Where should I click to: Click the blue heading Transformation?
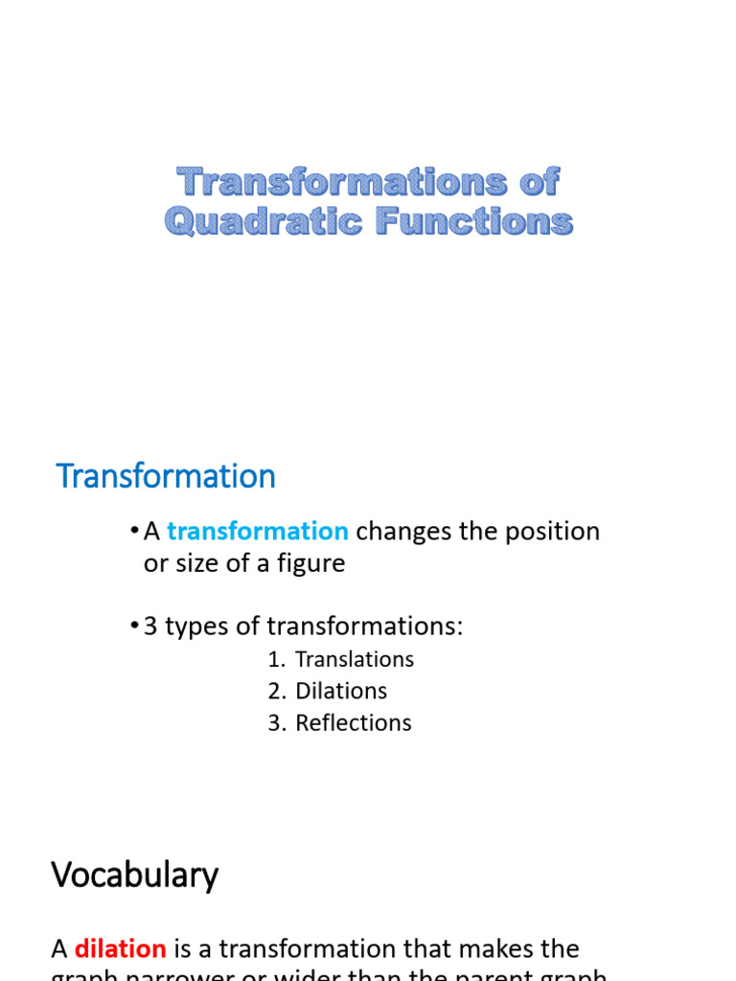click(x=166, y=476)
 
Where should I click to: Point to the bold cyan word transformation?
click(x=257, y=531)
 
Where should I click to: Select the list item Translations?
click(x=355, y=659)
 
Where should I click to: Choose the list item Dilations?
click(x=341, y=691)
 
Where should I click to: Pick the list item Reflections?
click(x=353, y=722)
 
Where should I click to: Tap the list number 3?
click(x=276, y=722)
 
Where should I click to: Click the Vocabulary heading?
click(x=134, y=875)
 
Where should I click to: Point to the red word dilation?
click(x=121, y=949)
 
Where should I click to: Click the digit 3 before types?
click(x=149, y=627)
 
